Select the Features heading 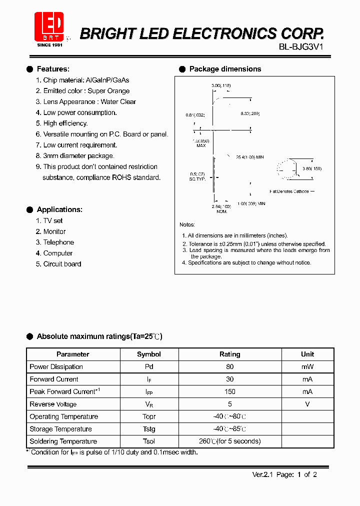coord(53,69)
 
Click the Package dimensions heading coord(225,69)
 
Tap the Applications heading coord(59,209)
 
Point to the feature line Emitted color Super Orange coord(86,91)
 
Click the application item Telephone coord(58,242)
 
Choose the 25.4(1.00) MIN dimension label coord(249,157)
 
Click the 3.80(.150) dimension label coord(312,169)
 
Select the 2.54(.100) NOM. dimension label coord(221,208)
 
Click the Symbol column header coord(149,354)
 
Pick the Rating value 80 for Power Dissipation coord(229,367)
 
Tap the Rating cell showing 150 coord(229,392)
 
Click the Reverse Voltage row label coord(53,404)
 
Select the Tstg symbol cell coord(149,429)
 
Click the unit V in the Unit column coord(307,404)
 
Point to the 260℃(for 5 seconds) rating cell coord(229,441)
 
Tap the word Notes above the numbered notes coord(187,225)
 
